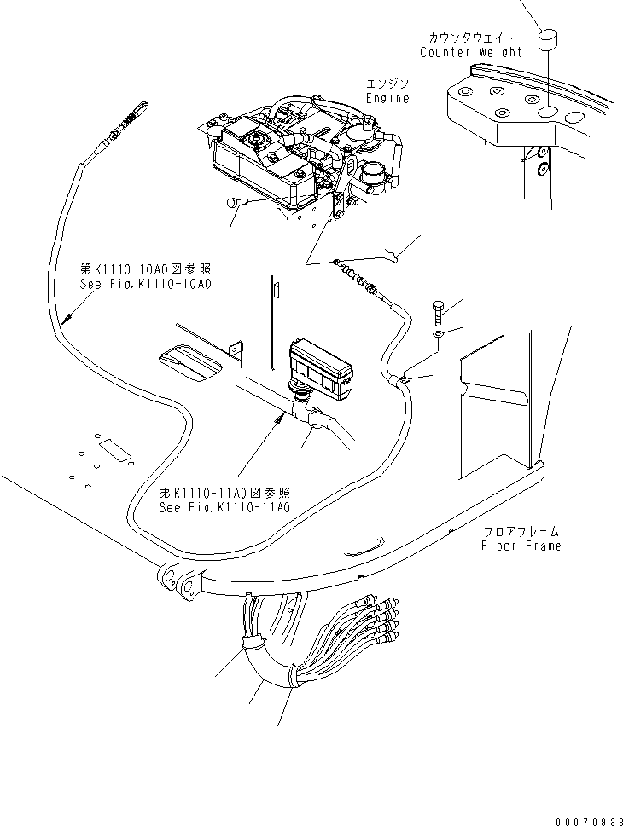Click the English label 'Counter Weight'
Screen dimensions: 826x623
[x=470, y=52]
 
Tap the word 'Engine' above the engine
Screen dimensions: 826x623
[x=387, y=98]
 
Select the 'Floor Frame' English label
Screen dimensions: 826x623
[x=521, y=546]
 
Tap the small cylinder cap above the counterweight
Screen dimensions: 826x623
[x=547, y=39]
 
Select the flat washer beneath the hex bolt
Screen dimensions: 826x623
[x=438, y=337]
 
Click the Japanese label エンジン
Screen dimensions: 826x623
[x=387, y=84]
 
